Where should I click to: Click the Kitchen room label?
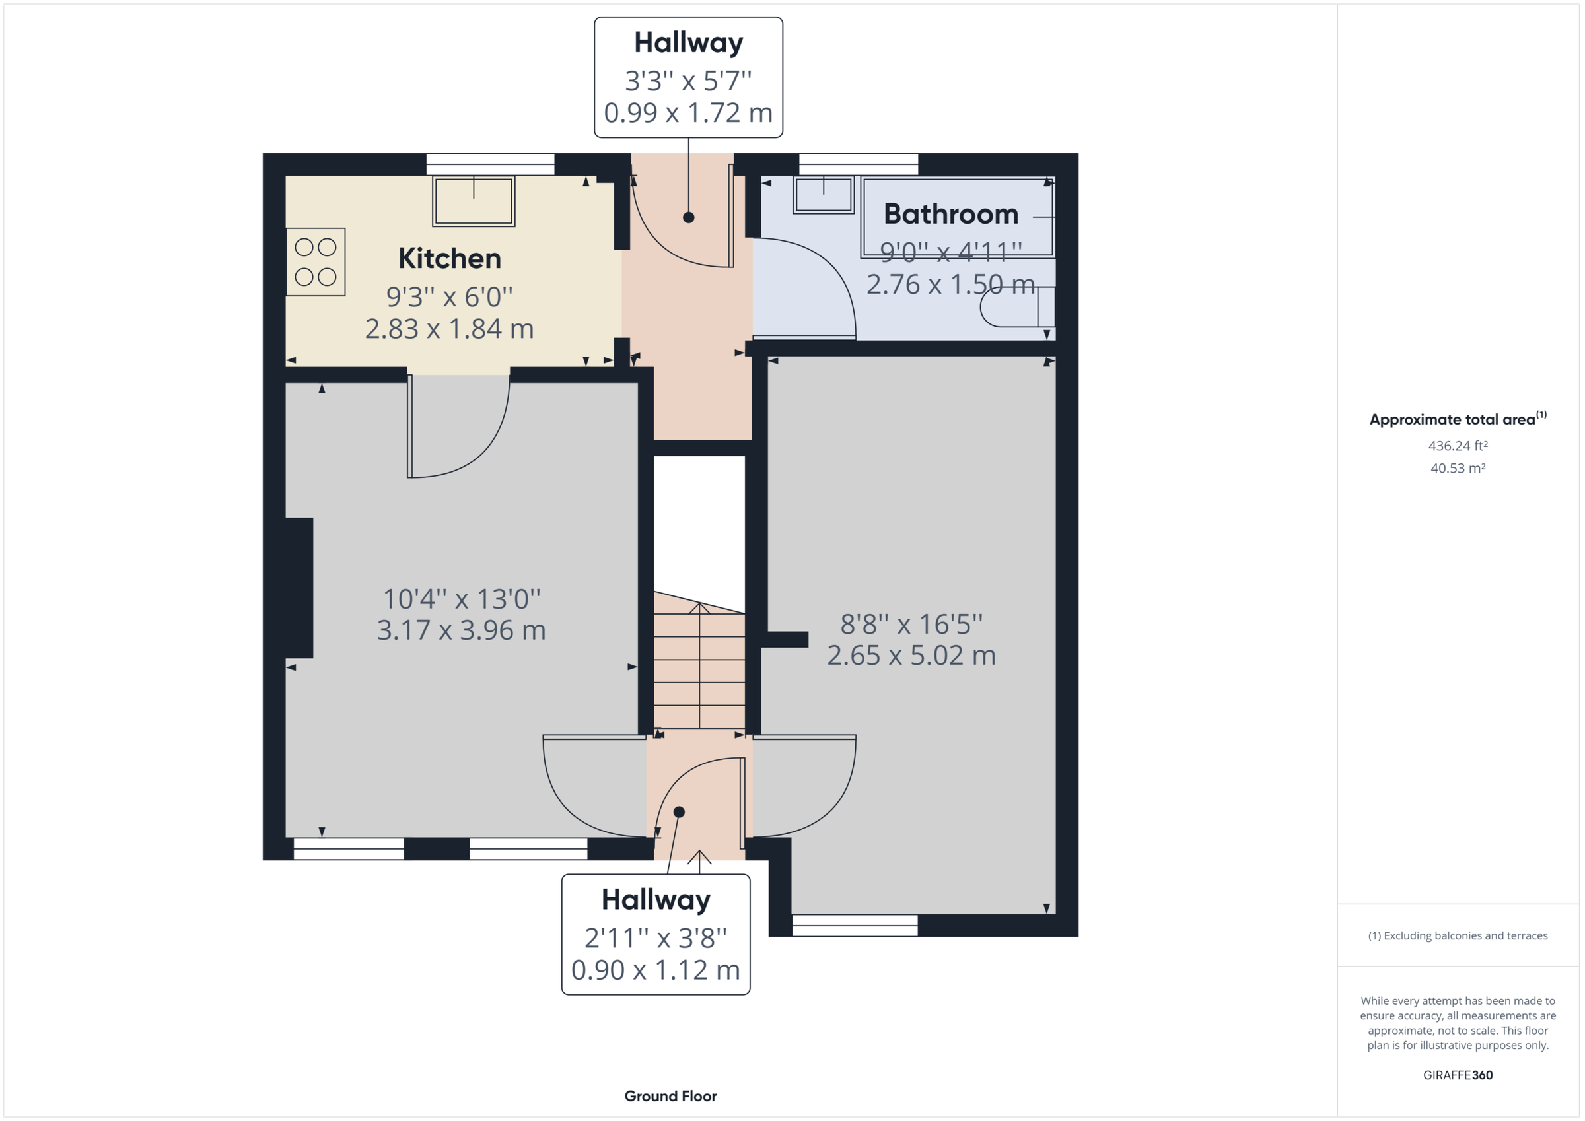click(x=449, y=259)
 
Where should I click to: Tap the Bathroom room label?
click(x=950, y=214)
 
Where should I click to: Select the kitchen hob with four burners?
click(x=316, y=262)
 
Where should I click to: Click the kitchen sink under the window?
click(x=474, y=201)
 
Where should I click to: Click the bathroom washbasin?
click(x=824, y=194)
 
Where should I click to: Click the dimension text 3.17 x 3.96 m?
click(x=461, y=630)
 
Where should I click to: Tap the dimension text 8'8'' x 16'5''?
click(x=911, y=624)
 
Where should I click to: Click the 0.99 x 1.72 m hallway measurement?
click(x=687, y=113)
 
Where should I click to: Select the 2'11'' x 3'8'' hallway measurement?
click(x=655, y=938)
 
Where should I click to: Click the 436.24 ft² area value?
click(x=1458, y=446)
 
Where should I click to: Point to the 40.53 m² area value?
click(x=1458, y=468)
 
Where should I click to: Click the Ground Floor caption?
click(x=670, y=1096)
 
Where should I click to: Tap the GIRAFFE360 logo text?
click(x=1458, y=1075)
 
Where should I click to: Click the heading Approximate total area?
click(x=1452, y=420)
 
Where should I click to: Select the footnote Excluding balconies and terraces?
click(x=1458, y=936)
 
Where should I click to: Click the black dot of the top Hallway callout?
click(x=688, y=217)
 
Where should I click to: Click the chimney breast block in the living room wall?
click(x=299, y=588)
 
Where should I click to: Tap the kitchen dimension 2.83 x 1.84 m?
click(x=449, y=329)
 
